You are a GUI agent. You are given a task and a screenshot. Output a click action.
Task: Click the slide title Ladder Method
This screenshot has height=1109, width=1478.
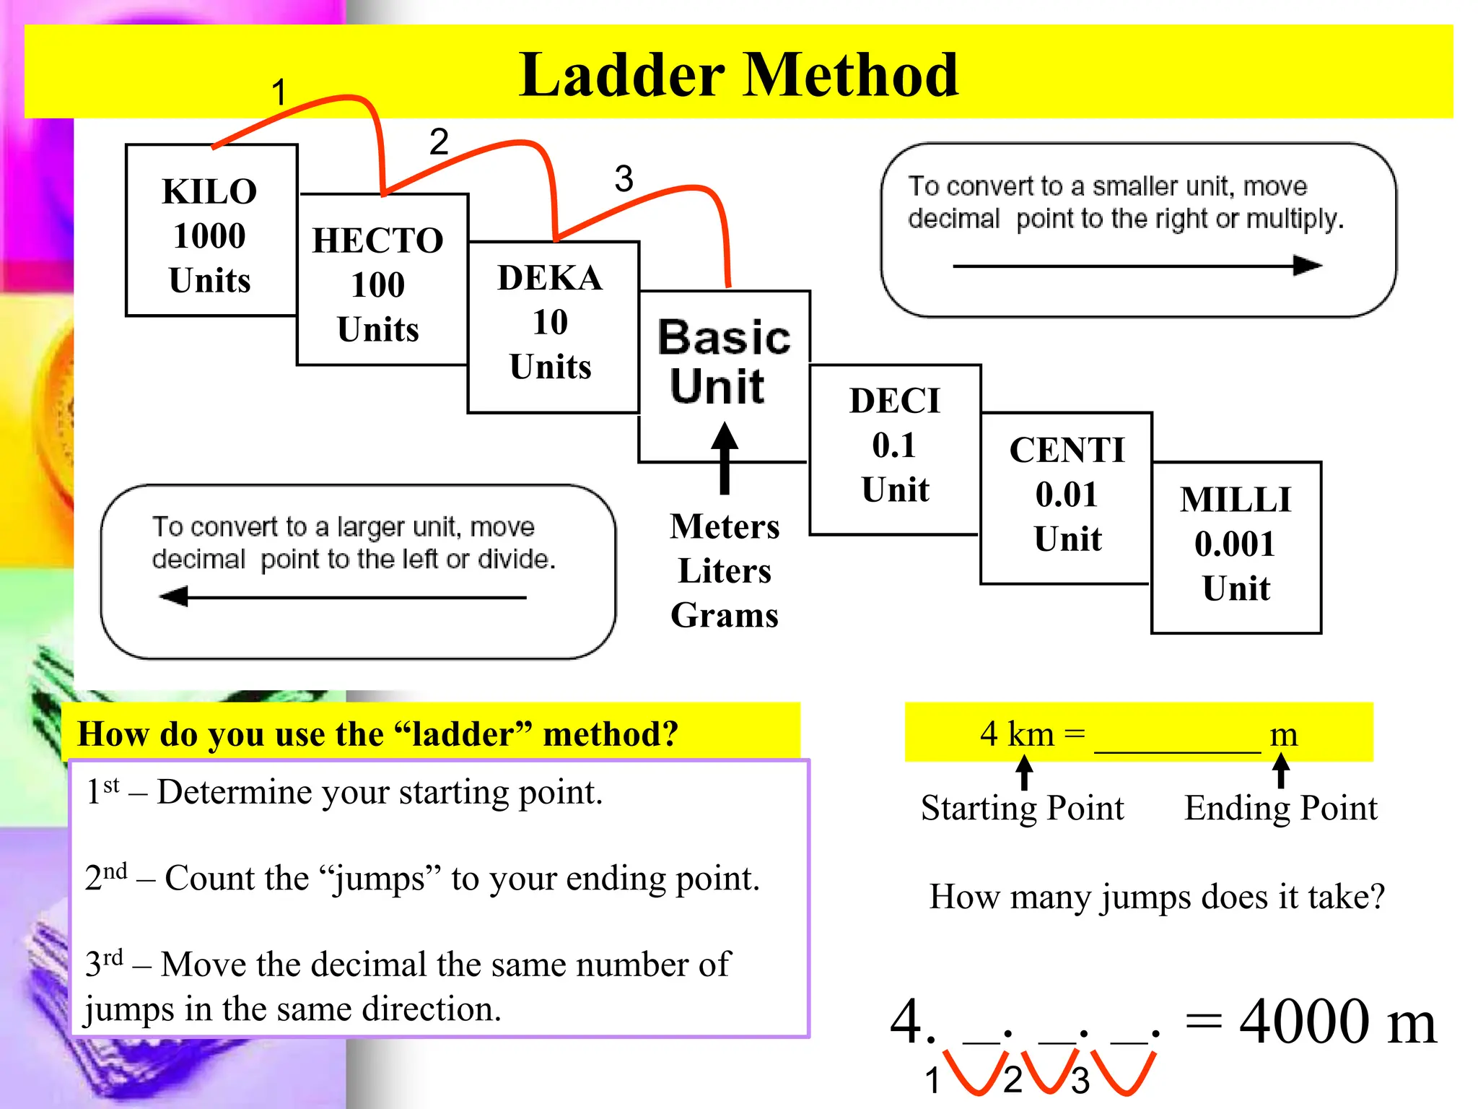click(x=738, y=75)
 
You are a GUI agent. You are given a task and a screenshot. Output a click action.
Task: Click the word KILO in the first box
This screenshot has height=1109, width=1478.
click(x=209, y=192)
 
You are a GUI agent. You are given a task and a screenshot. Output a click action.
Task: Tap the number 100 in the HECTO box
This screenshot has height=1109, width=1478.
click(x=377, y=284)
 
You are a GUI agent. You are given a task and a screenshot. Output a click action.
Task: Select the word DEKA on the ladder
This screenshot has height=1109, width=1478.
click(x=550, y=278)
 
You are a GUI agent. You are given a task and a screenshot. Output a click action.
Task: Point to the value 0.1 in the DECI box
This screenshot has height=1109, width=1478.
click(x=893, y=445)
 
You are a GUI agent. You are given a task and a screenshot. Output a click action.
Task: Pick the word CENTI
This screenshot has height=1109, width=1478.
click(x=1067, y=451)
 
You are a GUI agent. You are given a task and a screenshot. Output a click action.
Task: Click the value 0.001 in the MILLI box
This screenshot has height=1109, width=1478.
click(x=1235, y=544)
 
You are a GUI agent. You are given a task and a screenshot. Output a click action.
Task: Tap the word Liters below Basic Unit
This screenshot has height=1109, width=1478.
click(x=725, y=571)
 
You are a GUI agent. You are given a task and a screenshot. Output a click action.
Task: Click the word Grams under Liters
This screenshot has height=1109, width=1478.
click(x=725, y=615)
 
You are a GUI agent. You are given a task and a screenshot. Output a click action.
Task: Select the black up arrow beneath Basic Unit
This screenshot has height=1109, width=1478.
click(x=725, y=458)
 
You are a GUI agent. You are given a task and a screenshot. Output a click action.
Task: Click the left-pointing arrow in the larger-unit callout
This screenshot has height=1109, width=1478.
click(x=343, y=597)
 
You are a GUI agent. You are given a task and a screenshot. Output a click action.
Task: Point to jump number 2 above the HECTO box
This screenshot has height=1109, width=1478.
click(x=439, y=142)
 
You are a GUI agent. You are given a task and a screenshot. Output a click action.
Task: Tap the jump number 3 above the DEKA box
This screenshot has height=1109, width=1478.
click(x=624, y=178)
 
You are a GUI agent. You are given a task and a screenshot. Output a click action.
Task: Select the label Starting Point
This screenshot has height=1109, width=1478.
click(x=1022, y=807)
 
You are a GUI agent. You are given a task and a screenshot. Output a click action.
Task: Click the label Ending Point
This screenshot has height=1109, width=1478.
click(x=1280, y=807)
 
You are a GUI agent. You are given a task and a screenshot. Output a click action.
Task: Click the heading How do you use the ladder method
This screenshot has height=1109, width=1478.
click(x=377, y=734)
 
